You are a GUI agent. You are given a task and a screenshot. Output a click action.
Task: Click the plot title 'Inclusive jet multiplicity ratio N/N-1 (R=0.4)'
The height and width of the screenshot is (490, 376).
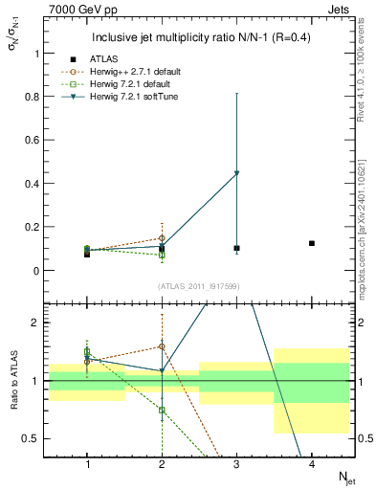tap(199, 38)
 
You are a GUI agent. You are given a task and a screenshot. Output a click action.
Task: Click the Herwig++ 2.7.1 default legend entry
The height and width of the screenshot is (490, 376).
tap(144, 72)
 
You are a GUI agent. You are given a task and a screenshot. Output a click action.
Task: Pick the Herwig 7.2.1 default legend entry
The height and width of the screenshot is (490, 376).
tap(141, 84)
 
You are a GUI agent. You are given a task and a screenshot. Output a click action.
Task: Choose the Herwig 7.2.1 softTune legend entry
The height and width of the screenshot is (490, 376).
tap(143, 97)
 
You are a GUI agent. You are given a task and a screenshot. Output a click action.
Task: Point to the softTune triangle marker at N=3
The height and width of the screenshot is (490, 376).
tap(236, 173)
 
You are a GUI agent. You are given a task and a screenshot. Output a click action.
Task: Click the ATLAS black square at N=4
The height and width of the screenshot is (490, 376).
tap(312, 243)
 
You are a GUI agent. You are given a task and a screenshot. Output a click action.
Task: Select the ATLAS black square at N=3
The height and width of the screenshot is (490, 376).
tap(236, 248)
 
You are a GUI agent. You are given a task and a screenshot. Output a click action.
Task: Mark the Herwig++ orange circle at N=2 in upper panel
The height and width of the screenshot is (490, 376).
tap(162, 238)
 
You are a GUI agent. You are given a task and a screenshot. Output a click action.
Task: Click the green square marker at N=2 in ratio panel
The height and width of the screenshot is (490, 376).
tap(162, 410)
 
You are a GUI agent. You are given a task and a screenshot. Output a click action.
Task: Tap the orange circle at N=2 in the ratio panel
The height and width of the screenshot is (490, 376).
tap(162, 346)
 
